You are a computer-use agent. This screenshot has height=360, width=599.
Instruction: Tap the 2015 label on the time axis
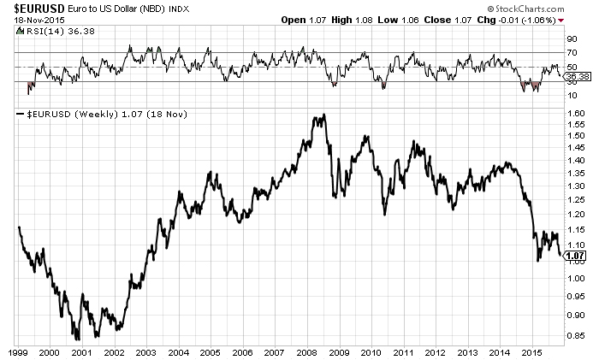532,351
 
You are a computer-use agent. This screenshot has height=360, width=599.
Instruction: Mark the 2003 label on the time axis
146,351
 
